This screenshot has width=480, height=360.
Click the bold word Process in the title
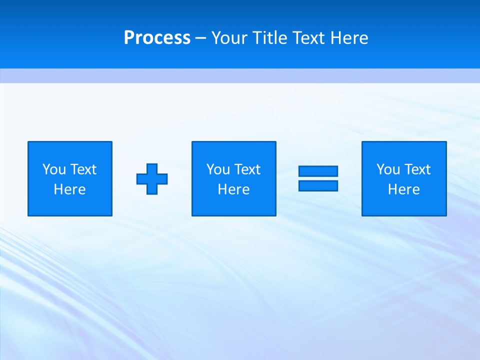[157, 38]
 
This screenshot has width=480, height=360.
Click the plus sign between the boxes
[152, 178]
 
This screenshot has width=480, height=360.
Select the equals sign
[318, 178]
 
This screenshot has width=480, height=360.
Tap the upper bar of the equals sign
[318, 171]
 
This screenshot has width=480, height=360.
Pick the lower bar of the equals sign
[318, 185]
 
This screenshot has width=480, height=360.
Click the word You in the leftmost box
[54, 169]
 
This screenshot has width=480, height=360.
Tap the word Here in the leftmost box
[70, 189]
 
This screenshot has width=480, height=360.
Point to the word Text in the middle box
[247, 169]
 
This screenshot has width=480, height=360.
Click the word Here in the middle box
[233, 189]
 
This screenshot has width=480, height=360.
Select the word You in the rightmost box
[388, 169]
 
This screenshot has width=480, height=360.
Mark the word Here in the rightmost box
[404, 189]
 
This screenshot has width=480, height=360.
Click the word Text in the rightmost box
[417, 169]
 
